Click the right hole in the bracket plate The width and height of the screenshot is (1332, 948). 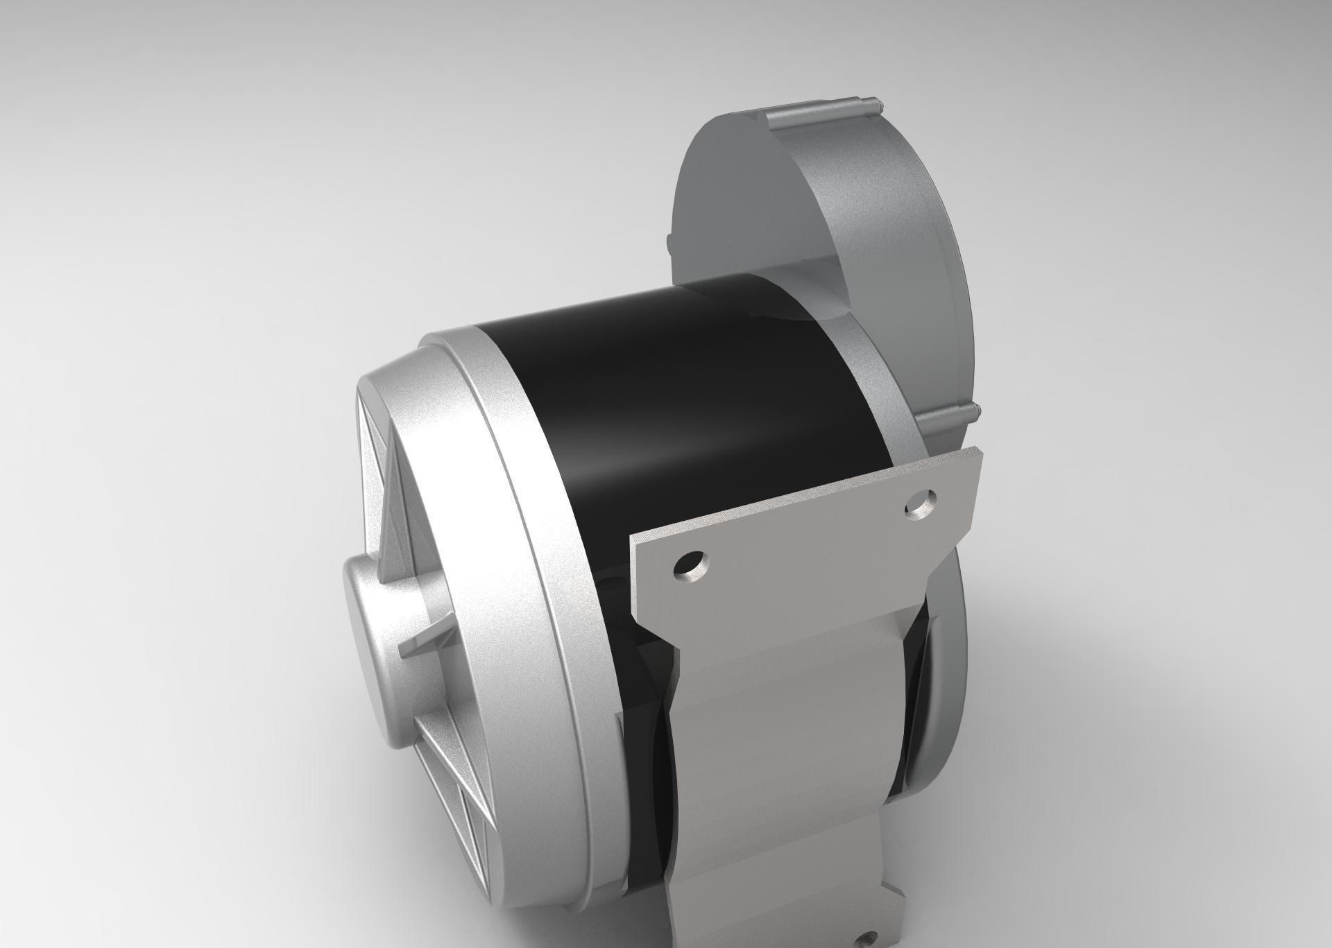[x=921, y=504]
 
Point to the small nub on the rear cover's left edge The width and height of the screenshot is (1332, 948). [x=669, y=243]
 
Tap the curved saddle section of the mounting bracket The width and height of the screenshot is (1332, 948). [x=784, y=728]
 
